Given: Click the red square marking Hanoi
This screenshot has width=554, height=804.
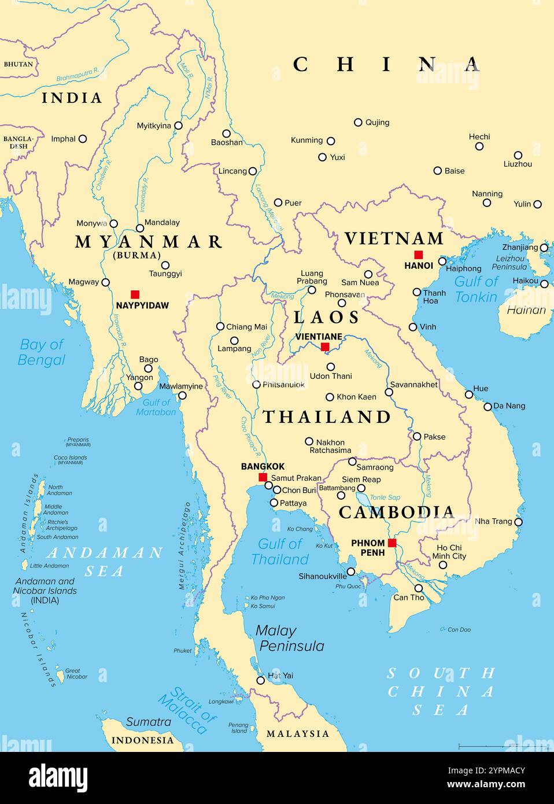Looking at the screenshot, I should [x=418, y=255].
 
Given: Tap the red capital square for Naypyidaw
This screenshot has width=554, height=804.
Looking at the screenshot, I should [x=135, y=294].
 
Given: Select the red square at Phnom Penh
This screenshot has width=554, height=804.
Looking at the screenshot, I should [x=392, y=543].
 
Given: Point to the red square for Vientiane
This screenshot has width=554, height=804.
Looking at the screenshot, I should [x=325, y=346].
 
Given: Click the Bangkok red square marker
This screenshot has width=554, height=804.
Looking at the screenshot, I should [x=263, y=477].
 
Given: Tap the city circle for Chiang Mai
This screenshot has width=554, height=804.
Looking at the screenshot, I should [x=220, y=326].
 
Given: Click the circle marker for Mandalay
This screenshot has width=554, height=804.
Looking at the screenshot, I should [x=140, y=228].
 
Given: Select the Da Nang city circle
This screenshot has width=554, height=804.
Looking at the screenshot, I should [x=487, y=407].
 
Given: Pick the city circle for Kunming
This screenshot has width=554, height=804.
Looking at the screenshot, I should [x=331, y=141].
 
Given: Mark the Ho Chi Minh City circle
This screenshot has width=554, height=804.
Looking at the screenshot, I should [x=442, y=565].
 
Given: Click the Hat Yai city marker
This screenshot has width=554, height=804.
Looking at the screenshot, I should [x=261, y=680].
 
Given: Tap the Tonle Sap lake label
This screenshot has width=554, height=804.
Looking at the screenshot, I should [x=385, y=497].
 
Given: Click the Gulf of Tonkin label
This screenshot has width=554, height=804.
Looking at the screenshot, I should [x=476, y=289].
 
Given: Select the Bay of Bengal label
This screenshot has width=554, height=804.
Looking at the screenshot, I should [x=42, y=352].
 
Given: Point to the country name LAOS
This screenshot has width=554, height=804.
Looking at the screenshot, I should [x=327, y=317].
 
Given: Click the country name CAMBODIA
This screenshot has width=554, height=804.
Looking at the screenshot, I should [x=396, y=512].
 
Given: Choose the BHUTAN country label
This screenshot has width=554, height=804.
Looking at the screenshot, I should [x=19, y=64].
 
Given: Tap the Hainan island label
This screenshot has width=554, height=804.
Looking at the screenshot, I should [x=526, y=310].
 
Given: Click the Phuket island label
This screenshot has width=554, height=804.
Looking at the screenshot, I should [x=183, y=651].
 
